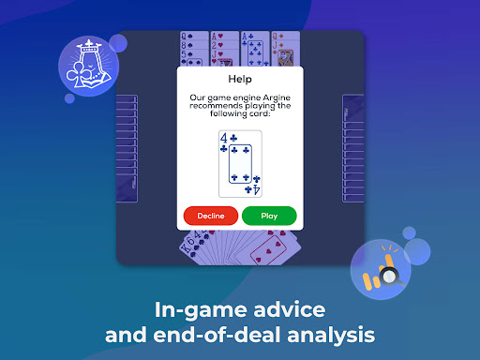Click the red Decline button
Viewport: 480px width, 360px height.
[211, 216]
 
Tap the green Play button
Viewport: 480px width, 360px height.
[269, 216]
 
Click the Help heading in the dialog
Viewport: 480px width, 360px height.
[240, 79]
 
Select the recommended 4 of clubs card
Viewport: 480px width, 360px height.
[240, 164]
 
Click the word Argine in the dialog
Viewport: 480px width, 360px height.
[277, 97]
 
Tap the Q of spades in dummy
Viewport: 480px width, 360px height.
[194, 36]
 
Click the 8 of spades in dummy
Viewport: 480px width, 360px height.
[194, 45]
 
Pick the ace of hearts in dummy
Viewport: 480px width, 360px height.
[225, 36]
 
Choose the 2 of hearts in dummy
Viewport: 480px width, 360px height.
[225, 45]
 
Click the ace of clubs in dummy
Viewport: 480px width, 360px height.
[255, 49]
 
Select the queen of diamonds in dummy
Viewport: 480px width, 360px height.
[286, 36]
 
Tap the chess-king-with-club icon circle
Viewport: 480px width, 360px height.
[88, 66]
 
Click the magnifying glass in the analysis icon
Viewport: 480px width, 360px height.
[390, 277]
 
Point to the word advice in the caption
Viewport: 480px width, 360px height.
[290, 309]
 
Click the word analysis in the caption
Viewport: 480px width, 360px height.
[331, 336]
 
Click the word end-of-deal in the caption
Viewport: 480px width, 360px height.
[217, 335]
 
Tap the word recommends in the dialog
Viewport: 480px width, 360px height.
[216, 106]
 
